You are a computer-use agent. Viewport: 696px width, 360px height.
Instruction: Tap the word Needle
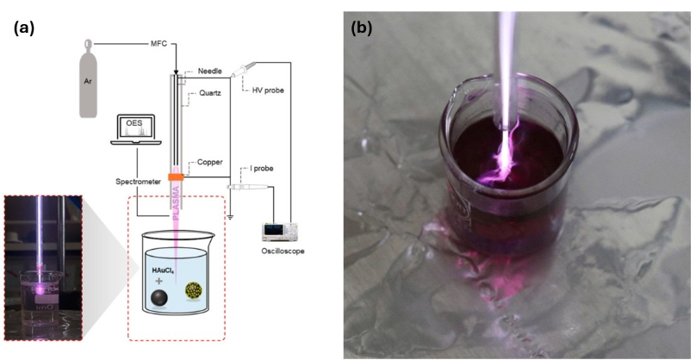point(210,71)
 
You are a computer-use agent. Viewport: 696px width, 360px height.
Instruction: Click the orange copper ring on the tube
point(177,177)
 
